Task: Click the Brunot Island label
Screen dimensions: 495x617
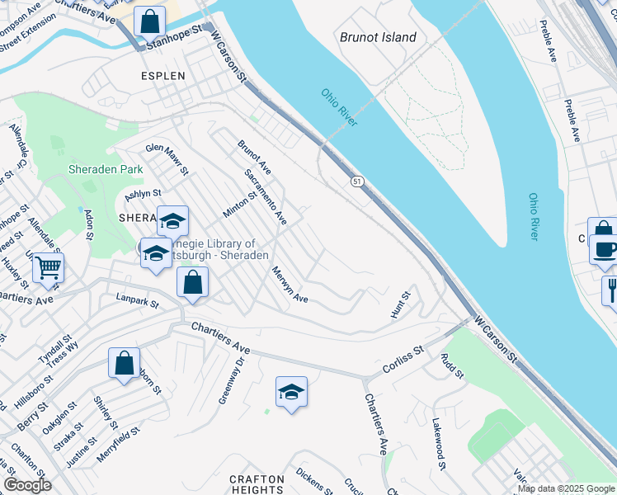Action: point(378,37)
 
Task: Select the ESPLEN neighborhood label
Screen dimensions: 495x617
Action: point(162,76)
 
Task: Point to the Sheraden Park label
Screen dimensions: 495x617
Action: point(106,169)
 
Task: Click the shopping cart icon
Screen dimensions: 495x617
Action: point(48,267)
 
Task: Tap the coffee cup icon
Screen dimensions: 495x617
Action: point(605,249)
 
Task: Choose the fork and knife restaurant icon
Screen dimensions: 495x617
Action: point(611,290)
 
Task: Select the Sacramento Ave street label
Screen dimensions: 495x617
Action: point(266,198)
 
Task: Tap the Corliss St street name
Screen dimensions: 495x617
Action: point(403,361)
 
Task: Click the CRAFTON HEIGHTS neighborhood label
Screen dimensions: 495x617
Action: point(257,485)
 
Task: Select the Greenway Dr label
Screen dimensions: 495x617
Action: point(230,377)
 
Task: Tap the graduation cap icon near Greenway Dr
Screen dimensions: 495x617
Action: point(291,392)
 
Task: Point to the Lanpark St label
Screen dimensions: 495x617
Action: point(138,302)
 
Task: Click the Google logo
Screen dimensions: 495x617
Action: point(27,485)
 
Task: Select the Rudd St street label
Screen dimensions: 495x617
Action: point(453,366)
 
